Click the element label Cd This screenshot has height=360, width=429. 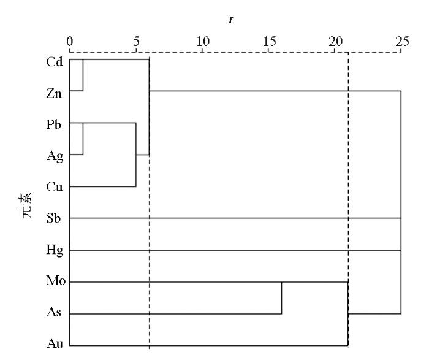[x=55, y=62]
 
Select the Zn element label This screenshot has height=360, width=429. [x=54, y=94]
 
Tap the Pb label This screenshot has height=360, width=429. [x=54, y=124]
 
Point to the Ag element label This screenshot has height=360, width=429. [x=55, y=156]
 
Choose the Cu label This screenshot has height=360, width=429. [x=55, y=187]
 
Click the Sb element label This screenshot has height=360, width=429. [x=54, y=218]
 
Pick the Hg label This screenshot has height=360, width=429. [x=55, y=251]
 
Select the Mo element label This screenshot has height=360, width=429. [x=56, y=281]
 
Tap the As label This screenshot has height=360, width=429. [x=54, y=312]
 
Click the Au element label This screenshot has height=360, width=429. [x=55, y=343]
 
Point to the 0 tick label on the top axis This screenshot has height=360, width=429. [x=70, y=41]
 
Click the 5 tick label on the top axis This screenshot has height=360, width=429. [x=136, y=41]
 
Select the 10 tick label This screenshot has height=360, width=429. [x=203, y=41]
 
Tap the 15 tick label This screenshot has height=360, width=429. [x=270, y=41]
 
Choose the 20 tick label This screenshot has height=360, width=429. [x=336, y=41]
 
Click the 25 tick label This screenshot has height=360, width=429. [x=402, y=41]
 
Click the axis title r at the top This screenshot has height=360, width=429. [x=231, y=20]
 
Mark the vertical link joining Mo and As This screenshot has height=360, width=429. [x=281, y=298]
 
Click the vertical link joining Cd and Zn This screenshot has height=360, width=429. [x=83, y=75]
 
